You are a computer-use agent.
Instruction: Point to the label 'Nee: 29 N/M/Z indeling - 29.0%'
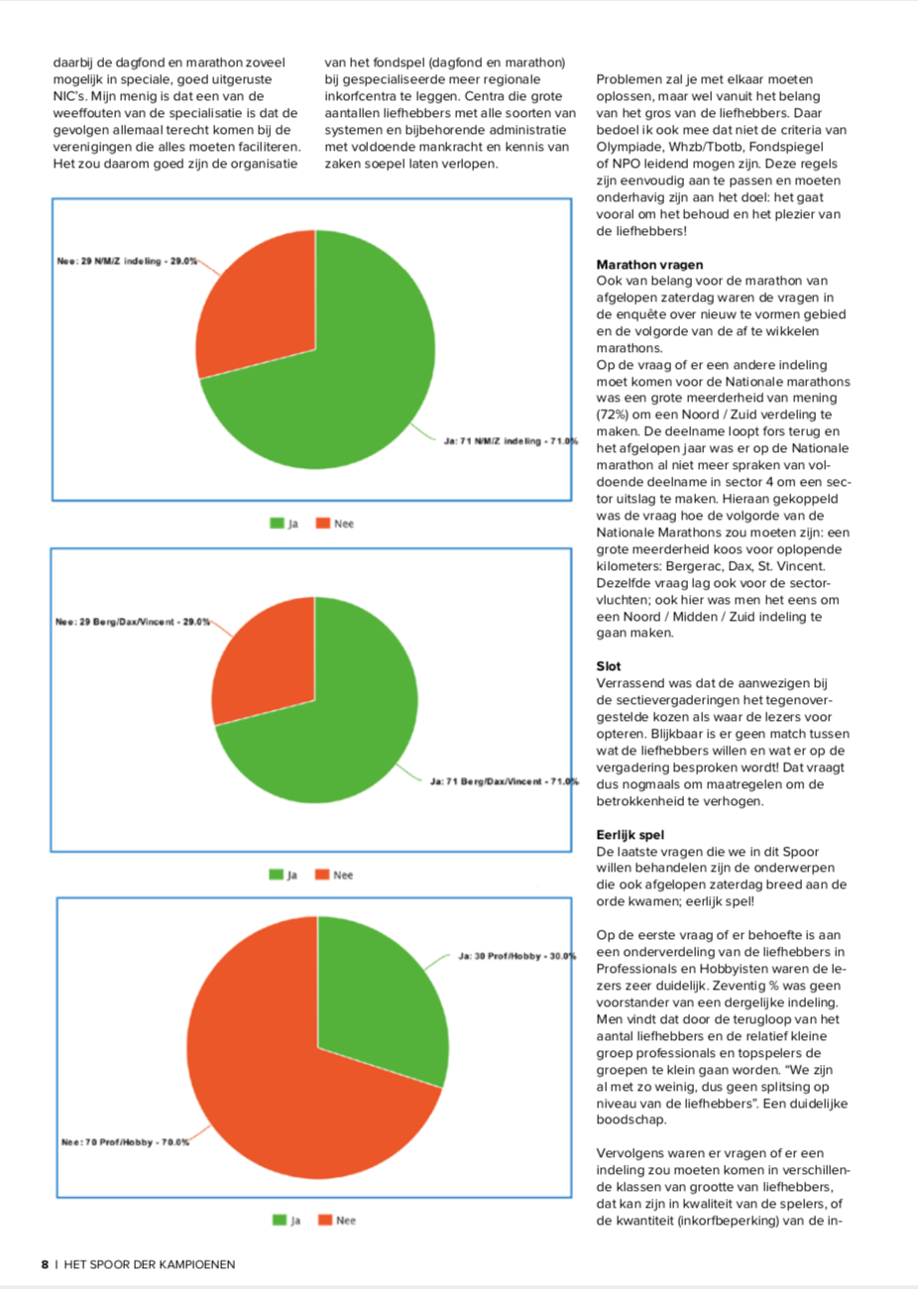[127, 261]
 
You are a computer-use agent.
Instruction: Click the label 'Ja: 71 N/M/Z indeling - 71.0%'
[511, 441]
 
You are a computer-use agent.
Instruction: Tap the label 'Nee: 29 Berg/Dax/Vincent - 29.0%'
[133, 622]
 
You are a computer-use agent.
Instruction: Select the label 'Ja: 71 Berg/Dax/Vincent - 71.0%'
[505, 781]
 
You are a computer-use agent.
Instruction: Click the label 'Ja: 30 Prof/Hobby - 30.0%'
[517, 957]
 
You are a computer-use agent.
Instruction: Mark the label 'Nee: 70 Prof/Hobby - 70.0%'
[125, 1142]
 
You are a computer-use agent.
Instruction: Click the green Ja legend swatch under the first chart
[278, 524]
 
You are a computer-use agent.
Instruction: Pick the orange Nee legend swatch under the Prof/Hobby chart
[325, 1220]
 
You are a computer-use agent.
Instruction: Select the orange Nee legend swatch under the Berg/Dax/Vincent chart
[322, 875]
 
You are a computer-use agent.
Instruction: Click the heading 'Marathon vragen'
[649, 265]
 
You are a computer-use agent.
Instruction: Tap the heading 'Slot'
[609, 666]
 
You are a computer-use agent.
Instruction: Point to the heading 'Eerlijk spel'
[630, 835]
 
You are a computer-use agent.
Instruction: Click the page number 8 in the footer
[45, 1264]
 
